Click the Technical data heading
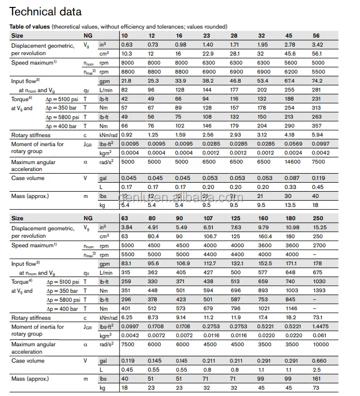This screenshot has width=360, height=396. pos(46,12)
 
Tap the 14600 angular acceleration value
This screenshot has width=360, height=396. pos(293,162)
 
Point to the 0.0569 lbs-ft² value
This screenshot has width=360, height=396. pos(294,143)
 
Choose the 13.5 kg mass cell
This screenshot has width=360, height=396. pos(291,204)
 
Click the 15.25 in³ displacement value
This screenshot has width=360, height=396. pos(320,227)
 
